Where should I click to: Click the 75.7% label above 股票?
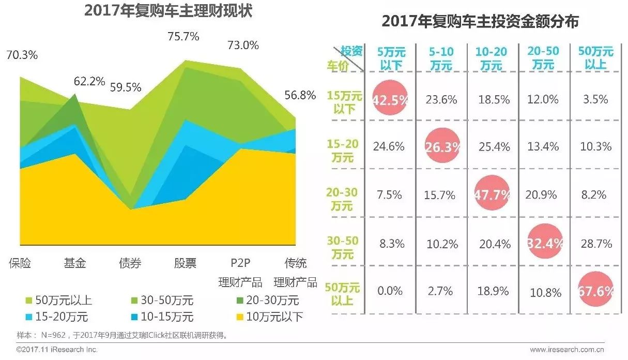[x=183, y=37]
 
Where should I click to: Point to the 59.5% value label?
[x=126, y=87]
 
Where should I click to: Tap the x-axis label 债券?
[x=130, y=263]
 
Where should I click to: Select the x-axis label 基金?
[x=75, y=263]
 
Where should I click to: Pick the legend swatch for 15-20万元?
[x=29, y=317]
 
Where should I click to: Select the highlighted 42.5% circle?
[x=389, y=100]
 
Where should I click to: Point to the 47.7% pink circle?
[x=492, y=195]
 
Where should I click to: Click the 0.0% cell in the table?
[x=390, y=291]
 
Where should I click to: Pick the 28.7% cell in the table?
[x=595, y=243]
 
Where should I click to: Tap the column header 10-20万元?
[x=492, y=58]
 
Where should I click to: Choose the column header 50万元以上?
[x=595, y=58]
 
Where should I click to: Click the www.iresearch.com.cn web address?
[x=568, y=350]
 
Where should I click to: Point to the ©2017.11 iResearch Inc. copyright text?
[x=57, y=350]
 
